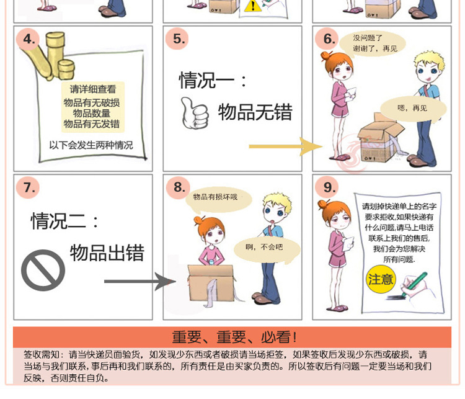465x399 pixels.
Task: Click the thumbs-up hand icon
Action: tap(194, 113)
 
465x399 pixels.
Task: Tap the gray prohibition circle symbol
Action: tap(43, 270)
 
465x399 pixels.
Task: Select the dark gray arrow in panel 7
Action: tap(140, 281)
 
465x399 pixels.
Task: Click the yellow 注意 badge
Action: tap(381, 279)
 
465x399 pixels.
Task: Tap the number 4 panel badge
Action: tap(29, 39)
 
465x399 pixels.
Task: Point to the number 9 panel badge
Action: tap(328, 187)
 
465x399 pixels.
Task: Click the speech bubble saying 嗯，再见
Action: tap(413, 109)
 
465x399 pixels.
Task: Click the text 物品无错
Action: tap(255, 112)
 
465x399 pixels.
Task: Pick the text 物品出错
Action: tap(107, 253)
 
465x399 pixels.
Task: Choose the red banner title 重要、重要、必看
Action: tap(234, 337)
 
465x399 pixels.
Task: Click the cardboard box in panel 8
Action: tap(211, 284)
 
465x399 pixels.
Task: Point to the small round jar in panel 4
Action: tap(66, 69)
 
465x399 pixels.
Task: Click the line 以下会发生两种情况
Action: tap(91, 145)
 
